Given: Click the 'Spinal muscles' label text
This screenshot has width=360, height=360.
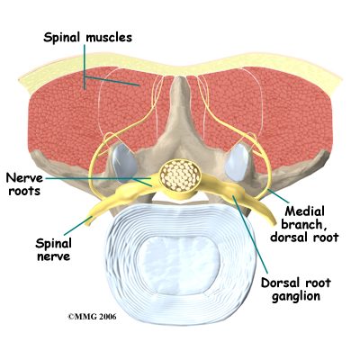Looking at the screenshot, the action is pyautogui.click(x=87, y=38).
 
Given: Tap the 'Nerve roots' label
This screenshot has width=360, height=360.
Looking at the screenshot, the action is pyautogui.click(x=24, y=184).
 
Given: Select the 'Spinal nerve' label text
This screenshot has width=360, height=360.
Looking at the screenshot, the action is pyautogui.click(x=53, y=249).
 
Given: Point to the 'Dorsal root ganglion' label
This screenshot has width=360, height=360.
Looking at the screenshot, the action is pyautogui.click(x=296, y=289).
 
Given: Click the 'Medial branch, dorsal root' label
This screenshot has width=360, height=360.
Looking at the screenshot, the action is pyautogui.click(x=304, y=224).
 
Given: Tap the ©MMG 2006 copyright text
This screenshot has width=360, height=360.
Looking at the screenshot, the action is pyautogui.click(x=92, y=317).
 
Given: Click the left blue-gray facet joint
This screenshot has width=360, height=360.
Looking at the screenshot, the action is pyautogui.click(x=124, y=163).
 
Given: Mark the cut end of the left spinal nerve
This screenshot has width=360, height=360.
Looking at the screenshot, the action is pyautogui.click(x=89, y=220).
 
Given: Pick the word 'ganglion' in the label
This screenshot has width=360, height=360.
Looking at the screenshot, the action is pyautogui.click(x=296, y=296).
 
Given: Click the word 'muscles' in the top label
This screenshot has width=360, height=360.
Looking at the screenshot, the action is pyautogui.click(x=109, y=38).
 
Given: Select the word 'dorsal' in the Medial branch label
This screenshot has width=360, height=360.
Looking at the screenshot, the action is pyautogui.click(x=288, y=237).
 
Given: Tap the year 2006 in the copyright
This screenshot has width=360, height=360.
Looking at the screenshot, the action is pyautogui.click(x=106, y=317).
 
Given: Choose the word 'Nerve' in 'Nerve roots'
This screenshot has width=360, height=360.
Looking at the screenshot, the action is pyautogui.click(x=24, y=178).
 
